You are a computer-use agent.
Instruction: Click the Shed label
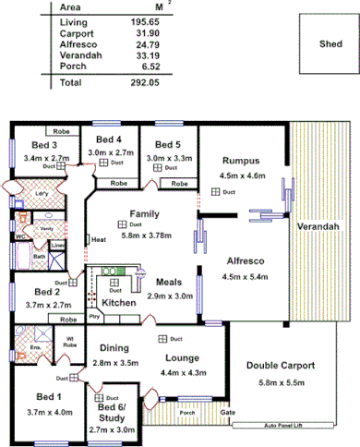tap(330, 43)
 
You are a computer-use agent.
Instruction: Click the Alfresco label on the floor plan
tap(246, 261)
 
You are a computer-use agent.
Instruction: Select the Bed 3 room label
tap(43, 145)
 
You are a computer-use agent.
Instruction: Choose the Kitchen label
tap(118, 302)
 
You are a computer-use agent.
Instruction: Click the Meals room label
tap(169, 283)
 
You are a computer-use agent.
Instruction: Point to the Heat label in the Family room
tap(99, 240)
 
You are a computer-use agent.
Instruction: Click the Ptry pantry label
tap(93, 317)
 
